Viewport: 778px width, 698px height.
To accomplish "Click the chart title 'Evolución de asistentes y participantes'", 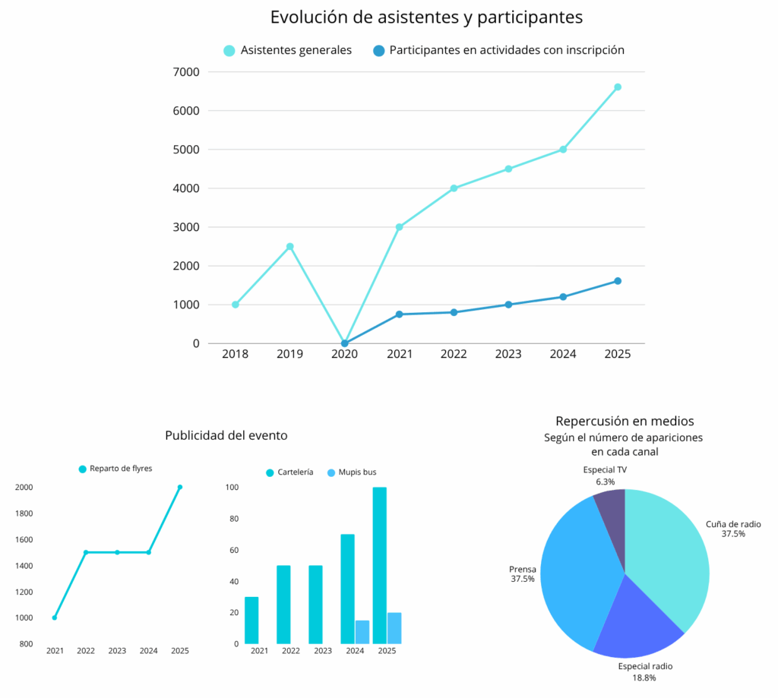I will (x=426, y=17).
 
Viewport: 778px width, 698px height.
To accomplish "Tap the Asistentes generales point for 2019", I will (x=289, y=246).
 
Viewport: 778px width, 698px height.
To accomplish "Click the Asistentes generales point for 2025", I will (x=618, y=87).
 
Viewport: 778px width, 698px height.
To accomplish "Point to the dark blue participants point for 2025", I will (x=618, y=281).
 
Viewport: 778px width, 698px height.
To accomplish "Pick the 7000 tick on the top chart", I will (x=186, y=72).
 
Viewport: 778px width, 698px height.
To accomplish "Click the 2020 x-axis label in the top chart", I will (x=344, y=355).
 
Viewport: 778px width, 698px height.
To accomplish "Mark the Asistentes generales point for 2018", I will (x=236, y=305).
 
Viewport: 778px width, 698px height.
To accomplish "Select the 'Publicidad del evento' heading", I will (x=226, y=436).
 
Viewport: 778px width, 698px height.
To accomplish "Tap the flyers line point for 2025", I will (x=180, y=487).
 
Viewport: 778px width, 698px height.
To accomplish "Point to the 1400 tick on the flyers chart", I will (x=25, y=566).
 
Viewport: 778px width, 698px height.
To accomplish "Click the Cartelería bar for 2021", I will (x=251, y=620).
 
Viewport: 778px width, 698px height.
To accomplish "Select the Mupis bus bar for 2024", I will (x=362, y=632).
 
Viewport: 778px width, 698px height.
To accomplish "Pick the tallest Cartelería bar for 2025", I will (x=379, y=566).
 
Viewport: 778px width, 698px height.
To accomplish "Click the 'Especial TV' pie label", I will (x=605, y=470).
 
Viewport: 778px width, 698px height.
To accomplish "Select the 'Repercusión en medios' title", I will (x=625, y=421).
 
